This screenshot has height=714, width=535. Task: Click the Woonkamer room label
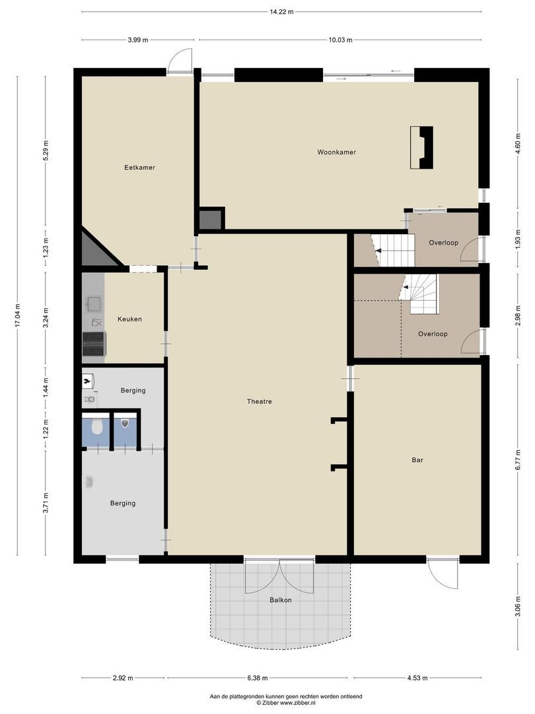(x=336, y=152)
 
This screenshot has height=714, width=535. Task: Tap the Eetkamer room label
(x=139, y=167)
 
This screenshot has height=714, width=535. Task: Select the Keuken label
(x=129, y=319)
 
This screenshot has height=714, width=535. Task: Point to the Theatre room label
(x=259, y=401)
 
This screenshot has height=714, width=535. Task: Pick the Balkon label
(x=280, y=600)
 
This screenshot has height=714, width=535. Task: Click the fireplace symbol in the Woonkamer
(x=421, y=147)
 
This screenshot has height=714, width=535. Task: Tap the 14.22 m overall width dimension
(x=281, y=11)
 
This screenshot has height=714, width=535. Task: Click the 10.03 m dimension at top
(x=340, y=40)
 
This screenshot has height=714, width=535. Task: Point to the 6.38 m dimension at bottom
(x=258, y=678)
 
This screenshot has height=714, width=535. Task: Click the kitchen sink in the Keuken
(x=93, y=304)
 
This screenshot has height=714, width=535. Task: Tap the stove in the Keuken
(x=93, y=344)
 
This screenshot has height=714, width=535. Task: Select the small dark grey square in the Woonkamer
(x=211, y=219)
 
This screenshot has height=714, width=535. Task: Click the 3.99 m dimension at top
(x=139, y=40)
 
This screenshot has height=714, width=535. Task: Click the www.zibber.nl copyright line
(x=286, y=703)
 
